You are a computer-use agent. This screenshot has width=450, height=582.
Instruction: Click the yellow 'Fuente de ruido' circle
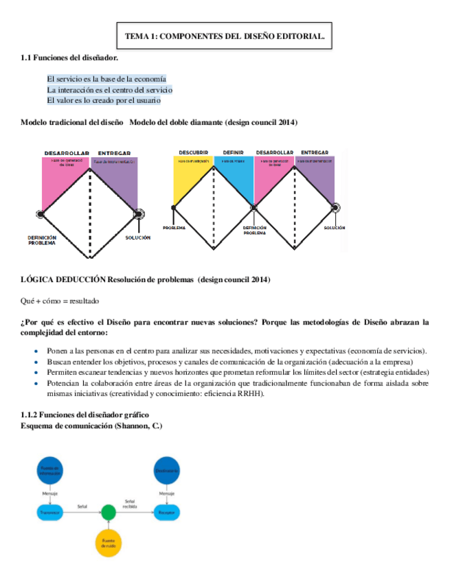109,542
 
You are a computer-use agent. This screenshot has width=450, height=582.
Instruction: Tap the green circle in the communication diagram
108,512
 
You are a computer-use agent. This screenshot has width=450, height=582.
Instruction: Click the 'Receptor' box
166,512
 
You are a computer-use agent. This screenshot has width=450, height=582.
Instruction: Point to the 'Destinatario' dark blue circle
166,471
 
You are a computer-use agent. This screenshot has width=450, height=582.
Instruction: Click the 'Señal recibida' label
130,504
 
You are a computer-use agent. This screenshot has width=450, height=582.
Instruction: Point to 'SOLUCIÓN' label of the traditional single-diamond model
138,238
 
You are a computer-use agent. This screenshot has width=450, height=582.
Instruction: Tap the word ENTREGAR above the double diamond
315,152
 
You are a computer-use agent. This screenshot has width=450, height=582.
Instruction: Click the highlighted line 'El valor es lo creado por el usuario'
104,101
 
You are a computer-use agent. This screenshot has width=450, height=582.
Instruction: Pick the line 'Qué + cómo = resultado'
60,301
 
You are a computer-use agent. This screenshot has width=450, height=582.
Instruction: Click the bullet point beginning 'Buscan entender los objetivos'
229,361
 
